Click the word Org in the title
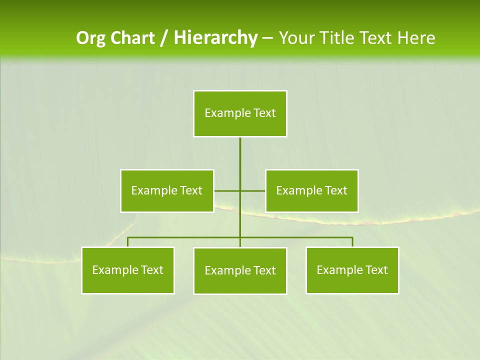(90, 38)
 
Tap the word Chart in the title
(131, 38)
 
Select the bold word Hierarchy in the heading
(215, 38)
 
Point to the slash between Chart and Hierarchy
(164, 38)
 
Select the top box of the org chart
(240, 113)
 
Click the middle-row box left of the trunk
(167, 190)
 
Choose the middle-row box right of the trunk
(311, 190)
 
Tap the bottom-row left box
(128, 270)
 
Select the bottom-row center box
(240, 270)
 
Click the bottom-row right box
(352, 270)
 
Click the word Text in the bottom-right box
(375, 270)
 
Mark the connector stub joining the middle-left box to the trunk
(227, 190)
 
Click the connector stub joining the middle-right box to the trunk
(253, 190)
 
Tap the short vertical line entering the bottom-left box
(128, 242)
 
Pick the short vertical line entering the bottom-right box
(352, 242)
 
